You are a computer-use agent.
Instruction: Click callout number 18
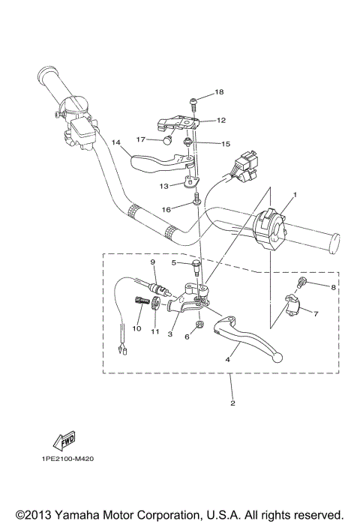220,92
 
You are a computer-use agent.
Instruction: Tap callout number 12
222,120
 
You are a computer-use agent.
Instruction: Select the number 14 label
115,142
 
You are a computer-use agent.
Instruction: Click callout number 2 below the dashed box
232,403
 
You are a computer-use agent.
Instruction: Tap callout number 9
152,262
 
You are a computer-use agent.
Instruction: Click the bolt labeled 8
302,283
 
